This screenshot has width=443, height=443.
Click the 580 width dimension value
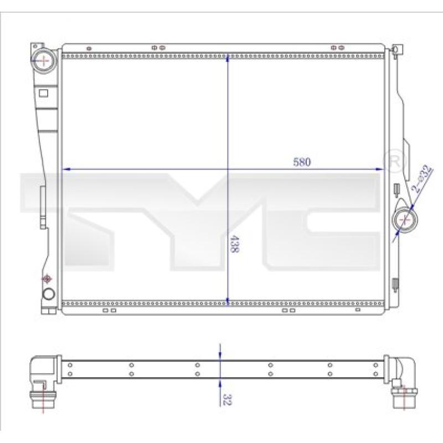click(302, 162)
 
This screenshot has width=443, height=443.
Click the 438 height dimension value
click(234, 244)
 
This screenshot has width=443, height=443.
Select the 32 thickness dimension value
click(226, 399)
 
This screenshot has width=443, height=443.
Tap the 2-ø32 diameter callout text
click(422, 178)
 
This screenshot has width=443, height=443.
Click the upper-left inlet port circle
click(44, 60)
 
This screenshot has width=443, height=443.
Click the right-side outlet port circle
click(405, 219)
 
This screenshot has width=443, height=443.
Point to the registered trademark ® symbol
click(394, 161)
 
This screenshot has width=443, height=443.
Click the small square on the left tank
click(43, 93)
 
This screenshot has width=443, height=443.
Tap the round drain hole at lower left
click(49, 294)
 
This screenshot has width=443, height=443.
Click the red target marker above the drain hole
click(47, 279)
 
